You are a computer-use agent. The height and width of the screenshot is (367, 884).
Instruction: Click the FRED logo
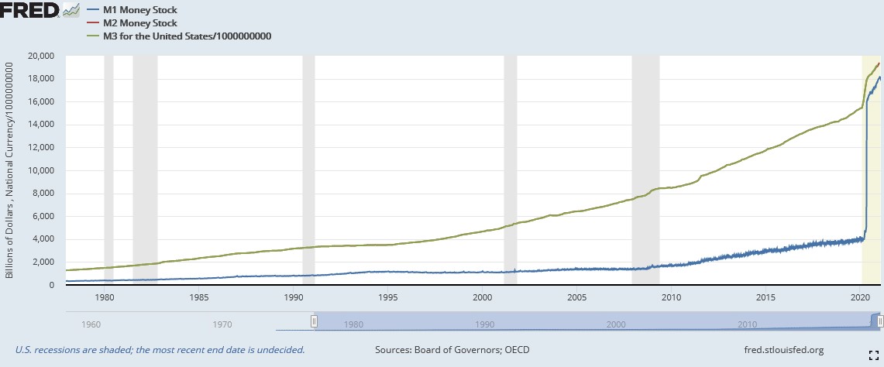(29, 9)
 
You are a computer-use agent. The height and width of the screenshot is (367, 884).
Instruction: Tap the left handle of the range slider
(314, 321)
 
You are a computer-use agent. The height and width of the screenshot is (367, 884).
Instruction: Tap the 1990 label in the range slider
(485, 323)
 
